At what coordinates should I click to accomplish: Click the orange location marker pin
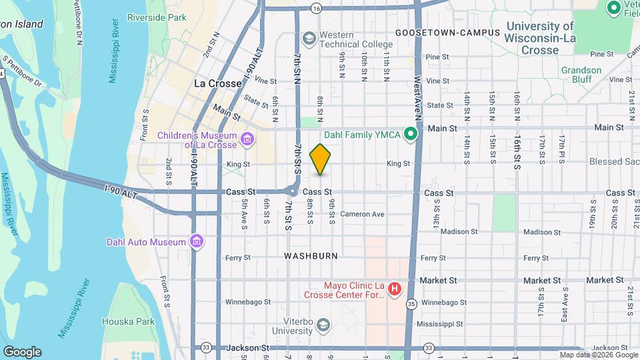[320, 159]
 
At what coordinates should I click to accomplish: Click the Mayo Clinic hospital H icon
[394, 289]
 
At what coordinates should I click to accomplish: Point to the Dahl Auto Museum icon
[197, 241]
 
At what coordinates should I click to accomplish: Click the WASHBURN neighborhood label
[311, 256]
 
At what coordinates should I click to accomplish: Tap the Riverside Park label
[157, 17]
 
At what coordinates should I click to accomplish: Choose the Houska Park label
[124, 321]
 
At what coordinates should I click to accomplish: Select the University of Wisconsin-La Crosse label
[539, 38]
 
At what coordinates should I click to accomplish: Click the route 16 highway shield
[316, 8]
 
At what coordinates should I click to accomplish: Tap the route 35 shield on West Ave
[411, 305]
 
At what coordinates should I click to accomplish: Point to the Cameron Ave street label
[362, 214]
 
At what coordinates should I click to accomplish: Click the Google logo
[22, 352]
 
